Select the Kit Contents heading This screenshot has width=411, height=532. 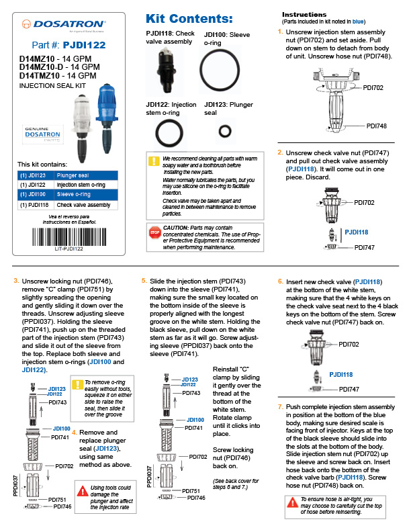[x=189, y=18]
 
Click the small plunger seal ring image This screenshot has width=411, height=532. [x=228, y=128]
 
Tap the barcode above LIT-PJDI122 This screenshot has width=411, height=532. [x=68, y=237]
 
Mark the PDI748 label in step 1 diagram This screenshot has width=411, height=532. [x=377, y=126]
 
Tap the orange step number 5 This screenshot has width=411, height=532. [x=144, y=280]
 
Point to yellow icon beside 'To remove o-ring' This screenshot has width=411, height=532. [x=79, y=385]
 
